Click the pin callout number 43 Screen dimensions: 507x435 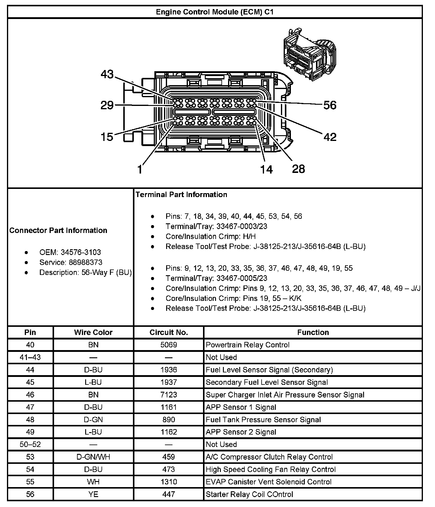[x=107, y=74]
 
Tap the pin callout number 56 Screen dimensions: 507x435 [x=330, y=105]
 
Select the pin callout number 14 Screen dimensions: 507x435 [x=266, y=169]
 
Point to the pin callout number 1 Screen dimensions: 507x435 [x=140, y=169]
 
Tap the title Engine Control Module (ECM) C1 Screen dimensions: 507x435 [x=214, y=12]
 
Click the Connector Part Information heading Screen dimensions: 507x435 [x=58, y=231]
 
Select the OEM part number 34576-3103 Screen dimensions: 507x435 [x=81, y=252]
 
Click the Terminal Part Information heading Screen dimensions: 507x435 [x=181, y=195]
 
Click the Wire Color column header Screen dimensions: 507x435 [x=93, y=333]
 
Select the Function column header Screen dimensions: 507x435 [x=313, y=333]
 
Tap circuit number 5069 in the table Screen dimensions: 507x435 [x=169, y=345]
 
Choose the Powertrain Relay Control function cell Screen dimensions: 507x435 [x=247, y=345]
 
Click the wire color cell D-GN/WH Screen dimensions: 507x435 [x=93, y=457]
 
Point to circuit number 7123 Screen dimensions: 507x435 [x=169, y=395]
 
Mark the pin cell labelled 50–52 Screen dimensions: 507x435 [x=30, y=445]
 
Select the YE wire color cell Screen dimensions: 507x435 [x=93, y=494]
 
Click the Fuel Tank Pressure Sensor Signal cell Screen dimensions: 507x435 [x=263, y=420]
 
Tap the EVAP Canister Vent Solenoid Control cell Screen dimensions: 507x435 [x=269, y=482]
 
